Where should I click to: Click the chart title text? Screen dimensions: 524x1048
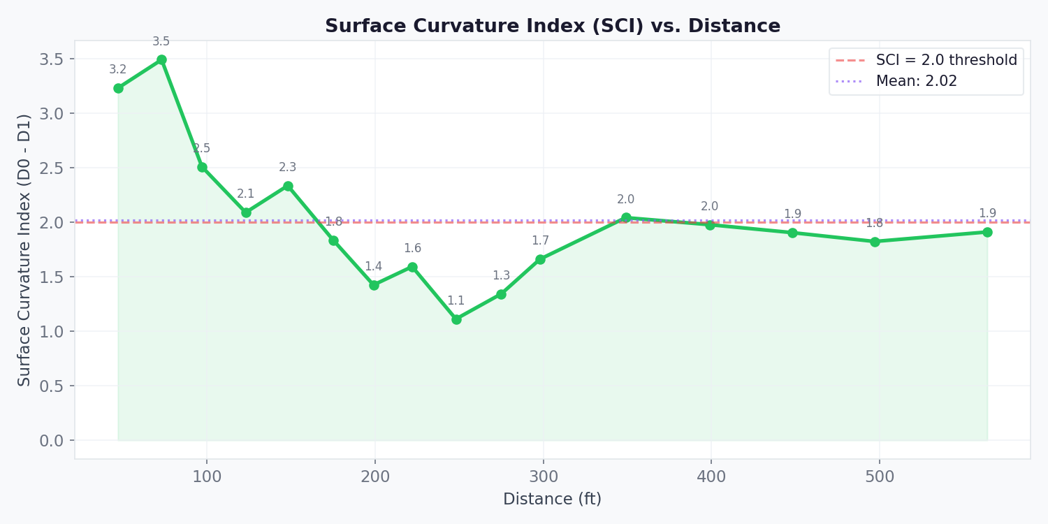click(552, 27)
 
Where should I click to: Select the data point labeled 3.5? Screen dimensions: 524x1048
click(161, 60)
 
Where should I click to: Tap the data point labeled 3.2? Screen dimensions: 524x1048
click(118, 88)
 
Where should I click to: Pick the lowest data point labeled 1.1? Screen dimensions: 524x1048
click(456, 319)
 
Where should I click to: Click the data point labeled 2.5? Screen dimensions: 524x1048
click(202, 167)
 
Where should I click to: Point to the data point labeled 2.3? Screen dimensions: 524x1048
click(288, 186)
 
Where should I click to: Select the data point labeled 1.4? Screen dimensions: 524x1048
click(374, 285)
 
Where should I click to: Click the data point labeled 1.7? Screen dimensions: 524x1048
click(540, 259)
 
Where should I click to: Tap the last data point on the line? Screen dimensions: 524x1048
click(987, 232)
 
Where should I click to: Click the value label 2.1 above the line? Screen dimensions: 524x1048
click(246, 194)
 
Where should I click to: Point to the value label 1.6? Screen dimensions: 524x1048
click(412, 249)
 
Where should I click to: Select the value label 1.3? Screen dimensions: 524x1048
click(501, 276)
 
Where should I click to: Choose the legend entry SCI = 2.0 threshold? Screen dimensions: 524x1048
click(946, 61)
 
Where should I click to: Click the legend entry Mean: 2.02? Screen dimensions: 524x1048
click(916, 82)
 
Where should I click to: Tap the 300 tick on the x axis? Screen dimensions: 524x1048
click(543, 477)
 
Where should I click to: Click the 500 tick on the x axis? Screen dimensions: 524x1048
click(879, 477)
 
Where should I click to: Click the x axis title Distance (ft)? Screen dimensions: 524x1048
click(552, 500)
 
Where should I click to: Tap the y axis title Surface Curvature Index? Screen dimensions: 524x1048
click(25, 249)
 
